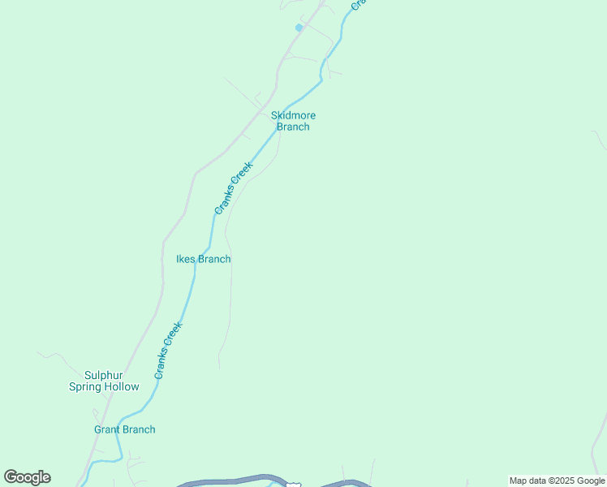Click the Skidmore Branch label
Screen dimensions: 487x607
pyautogui.click(x=293, y=121)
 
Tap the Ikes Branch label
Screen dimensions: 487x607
pyautogui.click(x=203, y=259)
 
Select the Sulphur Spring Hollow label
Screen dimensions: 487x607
pyautogui.click(x=104, y=381)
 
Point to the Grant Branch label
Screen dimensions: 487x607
pyautogui.click(x=124, y=429)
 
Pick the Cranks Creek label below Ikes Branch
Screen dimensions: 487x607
pyautogui.click(x=169, y=350)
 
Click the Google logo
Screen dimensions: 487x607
pyautogui.click(x=27, y=477)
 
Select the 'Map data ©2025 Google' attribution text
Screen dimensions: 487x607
pyautogui.click(x=557, y=481)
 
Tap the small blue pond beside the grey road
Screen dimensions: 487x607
pyautogui.click(x=299, y=28)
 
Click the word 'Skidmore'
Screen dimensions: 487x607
pyautogui.click(x=293, y=115)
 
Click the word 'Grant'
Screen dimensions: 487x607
pyautogui.click(x=107, y=429)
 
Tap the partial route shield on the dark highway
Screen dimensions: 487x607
pyautogui.click(x=293, y=484)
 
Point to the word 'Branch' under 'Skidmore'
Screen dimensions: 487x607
pyautogui.click(x=293, y=127)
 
